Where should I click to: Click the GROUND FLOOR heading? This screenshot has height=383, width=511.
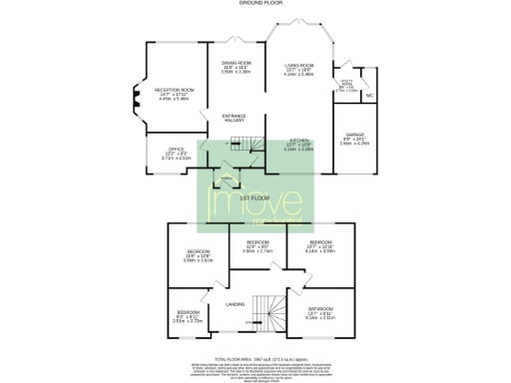pyautogui.click(x=255, y=4)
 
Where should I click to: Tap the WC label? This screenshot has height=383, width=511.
pyautogui.click(x=369, y=96)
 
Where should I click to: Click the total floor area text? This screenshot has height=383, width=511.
pyautogui.click(x=255, y=356)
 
